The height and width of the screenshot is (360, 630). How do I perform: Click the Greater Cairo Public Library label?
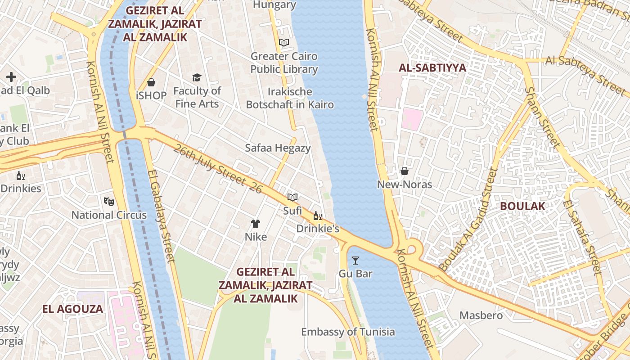coord(284,63)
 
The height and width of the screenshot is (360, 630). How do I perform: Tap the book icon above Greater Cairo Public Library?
coord(283,43)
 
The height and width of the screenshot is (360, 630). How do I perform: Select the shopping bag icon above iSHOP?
coord(151,82)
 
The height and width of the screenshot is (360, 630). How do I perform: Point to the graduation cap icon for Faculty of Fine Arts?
coord(197,78)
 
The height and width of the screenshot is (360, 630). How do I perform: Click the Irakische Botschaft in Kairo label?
coord(290,98)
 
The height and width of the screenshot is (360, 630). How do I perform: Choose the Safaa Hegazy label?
coord(278,148)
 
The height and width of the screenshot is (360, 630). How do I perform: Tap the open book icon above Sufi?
coord(292,197)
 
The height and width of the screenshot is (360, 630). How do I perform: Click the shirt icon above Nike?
coord(256,223)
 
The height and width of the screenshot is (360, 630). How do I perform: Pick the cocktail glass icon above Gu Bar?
coord(355,260)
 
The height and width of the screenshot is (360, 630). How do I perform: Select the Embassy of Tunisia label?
coord(348,332)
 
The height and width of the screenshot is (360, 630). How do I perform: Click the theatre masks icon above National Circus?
coord(108,201)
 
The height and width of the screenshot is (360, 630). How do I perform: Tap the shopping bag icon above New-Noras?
coord(404,171)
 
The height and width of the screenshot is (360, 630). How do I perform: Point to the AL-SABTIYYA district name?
coord(432,68)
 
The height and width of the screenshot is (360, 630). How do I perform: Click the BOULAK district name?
coord(522,206)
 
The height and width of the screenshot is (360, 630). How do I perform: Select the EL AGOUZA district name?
coord(73,309)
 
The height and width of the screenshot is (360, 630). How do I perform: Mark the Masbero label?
coord(481,315)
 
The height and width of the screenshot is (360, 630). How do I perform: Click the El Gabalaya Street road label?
coord(161,216)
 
